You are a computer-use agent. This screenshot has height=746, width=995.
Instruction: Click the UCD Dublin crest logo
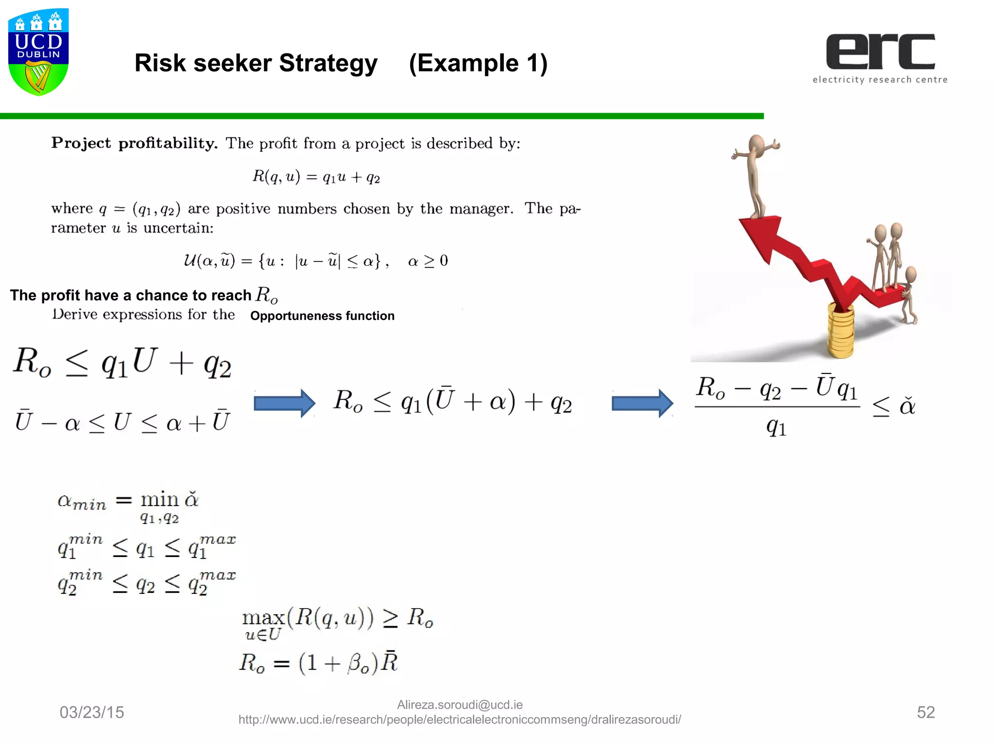(x=38, y=51)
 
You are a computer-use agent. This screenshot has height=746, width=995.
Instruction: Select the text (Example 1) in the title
(x=478, y=63)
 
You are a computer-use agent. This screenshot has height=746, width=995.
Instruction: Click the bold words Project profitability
(x=134, y=143)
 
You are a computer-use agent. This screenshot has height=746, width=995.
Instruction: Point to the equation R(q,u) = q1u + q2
(x=316, y=177)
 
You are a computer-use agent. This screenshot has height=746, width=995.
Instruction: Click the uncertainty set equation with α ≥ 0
(x=316, y=261)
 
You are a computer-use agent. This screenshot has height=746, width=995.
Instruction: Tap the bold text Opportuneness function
(x=322, y=316)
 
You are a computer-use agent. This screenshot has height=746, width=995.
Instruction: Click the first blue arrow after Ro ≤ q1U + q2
(x=285, y=403)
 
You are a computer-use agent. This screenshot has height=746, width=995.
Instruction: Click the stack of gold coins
(x=840, y=330)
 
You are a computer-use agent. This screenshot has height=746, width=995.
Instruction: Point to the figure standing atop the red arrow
(x=755, y=175)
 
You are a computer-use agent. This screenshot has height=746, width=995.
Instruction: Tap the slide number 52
(x=926, y=712)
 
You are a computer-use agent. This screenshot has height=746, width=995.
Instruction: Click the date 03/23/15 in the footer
(x=92, y=712)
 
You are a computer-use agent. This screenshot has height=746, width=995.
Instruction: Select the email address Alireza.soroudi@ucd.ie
(x=460, y=705)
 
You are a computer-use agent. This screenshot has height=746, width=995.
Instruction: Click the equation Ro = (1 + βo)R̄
(x=319, y=663)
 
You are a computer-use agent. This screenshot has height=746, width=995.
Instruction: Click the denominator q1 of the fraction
(x=776, y=427)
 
